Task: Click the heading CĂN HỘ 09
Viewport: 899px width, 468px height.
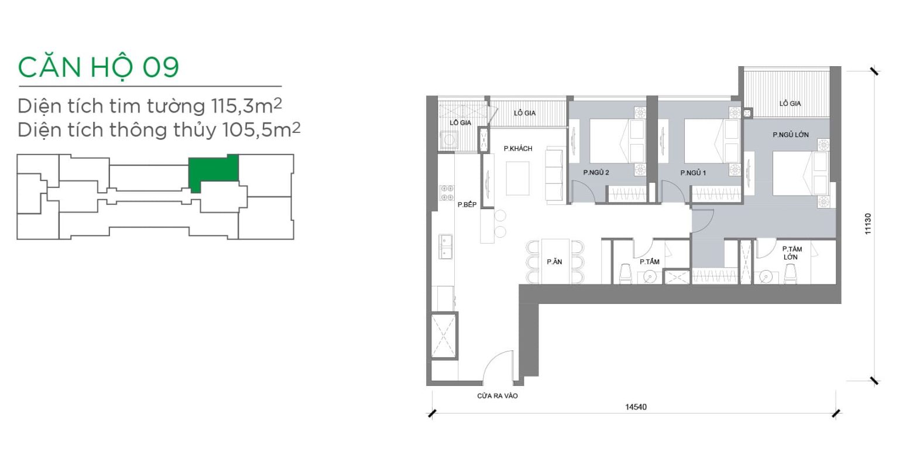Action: tap(98, 67)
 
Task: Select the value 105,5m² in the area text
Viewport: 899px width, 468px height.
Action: tap(262, 130)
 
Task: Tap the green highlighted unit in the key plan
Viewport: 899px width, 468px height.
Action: tap(214, 170)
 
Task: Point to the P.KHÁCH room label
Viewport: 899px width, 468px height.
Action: tap(518, 149)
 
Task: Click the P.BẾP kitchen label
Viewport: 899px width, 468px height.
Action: tap(466, 204)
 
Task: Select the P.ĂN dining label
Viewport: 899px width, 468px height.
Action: tap(554, 262)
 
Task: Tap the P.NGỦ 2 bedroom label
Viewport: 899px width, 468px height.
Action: tap(596, 173)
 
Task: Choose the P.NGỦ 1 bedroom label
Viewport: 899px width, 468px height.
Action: tap(693, 173)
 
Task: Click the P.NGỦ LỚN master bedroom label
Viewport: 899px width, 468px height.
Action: tap(791, 135)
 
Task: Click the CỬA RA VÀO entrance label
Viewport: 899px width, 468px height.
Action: tap(497, 396)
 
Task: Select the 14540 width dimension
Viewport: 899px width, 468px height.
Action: tap(636, 407)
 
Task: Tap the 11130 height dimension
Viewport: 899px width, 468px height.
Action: tap(868, 224)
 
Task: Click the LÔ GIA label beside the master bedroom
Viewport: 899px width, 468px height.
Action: tap(790, 104)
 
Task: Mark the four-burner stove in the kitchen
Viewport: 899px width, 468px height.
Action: tap(447, 193)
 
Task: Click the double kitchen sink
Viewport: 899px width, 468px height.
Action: tap(445, 246)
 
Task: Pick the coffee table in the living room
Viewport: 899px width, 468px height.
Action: tap(518, 179)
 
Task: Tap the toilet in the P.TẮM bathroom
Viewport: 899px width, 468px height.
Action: tap(625, 274)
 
